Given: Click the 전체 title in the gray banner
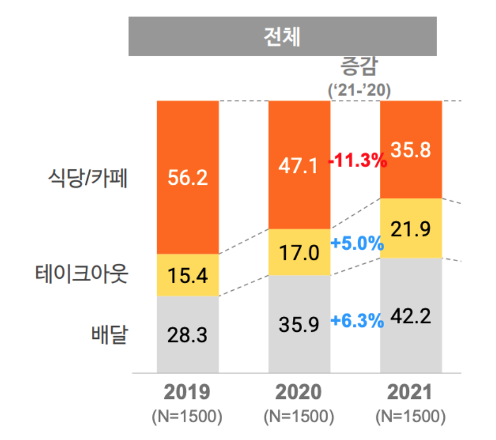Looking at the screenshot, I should [x=282, y=36].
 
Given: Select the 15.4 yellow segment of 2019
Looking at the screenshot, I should [x=187, y=275].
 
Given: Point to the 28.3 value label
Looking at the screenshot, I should [x=187, y=335].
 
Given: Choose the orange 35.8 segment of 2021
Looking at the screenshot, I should [x=411, y=150].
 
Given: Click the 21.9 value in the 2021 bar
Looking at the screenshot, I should [x=411, y=229].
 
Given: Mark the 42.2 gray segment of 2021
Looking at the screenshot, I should [x=411, y=316].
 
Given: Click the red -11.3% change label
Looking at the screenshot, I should [x=358, y=161].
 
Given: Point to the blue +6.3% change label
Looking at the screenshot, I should [x=357, y=321].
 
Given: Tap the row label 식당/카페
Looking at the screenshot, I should [x=86, y=178].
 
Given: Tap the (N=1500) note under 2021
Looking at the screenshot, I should [x=411, y=417].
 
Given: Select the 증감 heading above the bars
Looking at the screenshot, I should [x=359, y=68].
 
